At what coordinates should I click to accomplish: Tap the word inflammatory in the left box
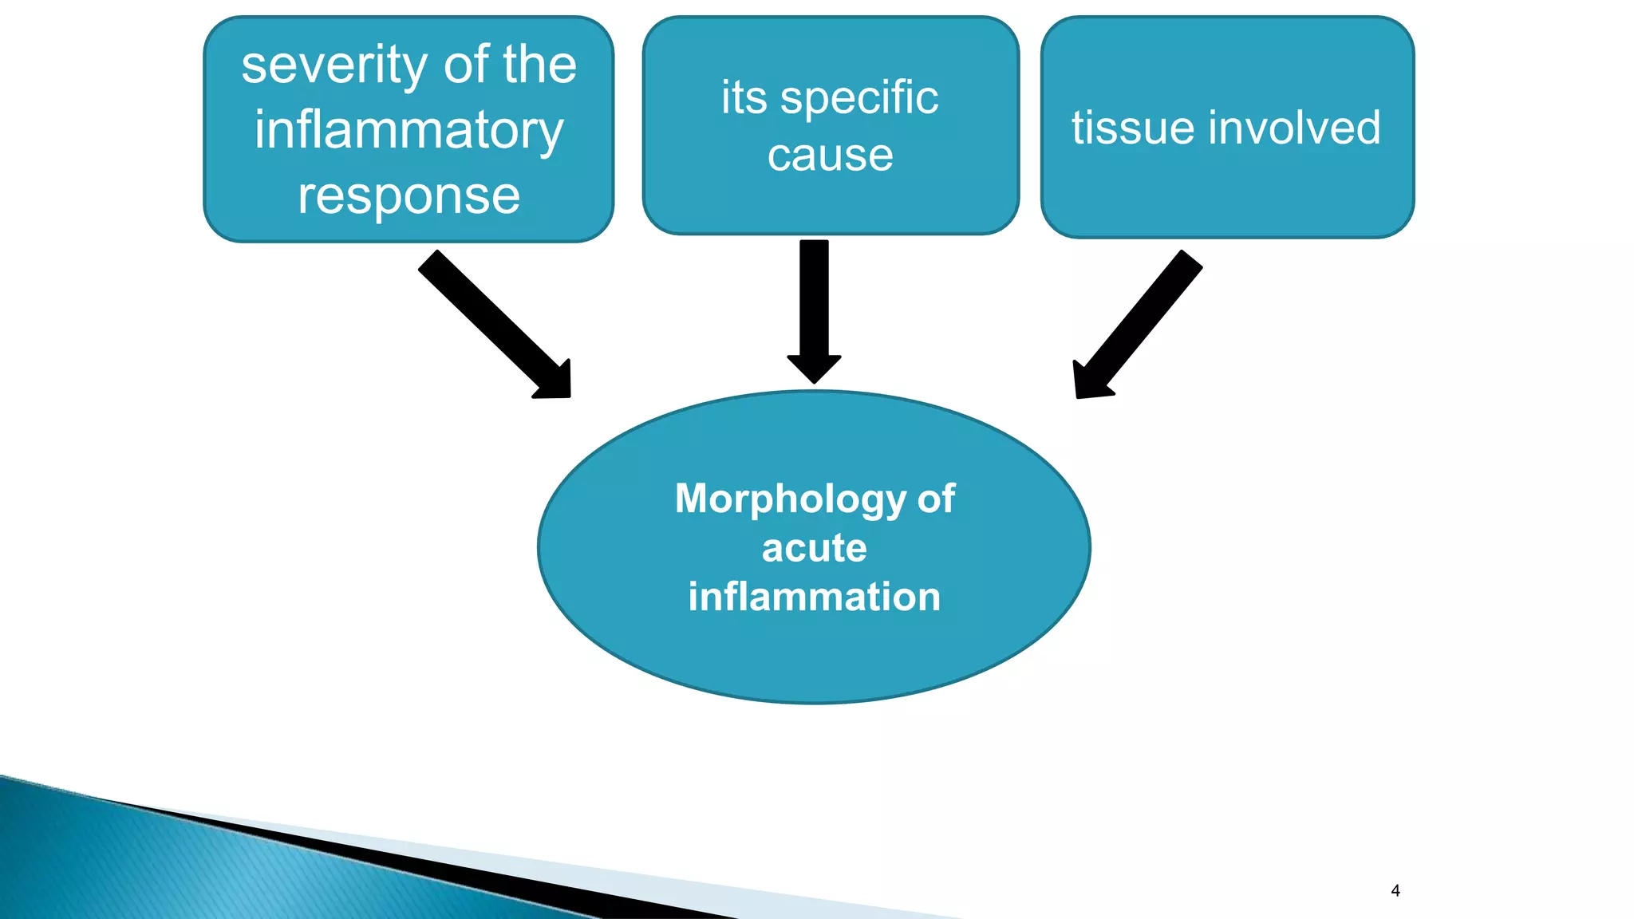tap(408, 131)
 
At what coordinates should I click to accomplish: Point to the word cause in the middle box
tap(830, 156)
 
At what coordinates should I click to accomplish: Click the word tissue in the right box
tap(1127, 128)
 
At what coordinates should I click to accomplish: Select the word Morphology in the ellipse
tap(790, 500)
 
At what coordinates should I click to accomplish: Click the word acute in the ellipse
tap(814, 548)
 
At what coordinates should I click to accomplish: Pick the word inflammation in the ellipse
tap(814, 598)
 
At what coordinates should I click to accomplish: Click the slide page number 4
tap(1395, 890)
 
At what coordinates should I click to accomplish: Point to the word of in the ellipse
tap(936, 500)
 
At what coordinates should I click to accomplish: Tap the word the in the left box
tap(539, 65)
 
